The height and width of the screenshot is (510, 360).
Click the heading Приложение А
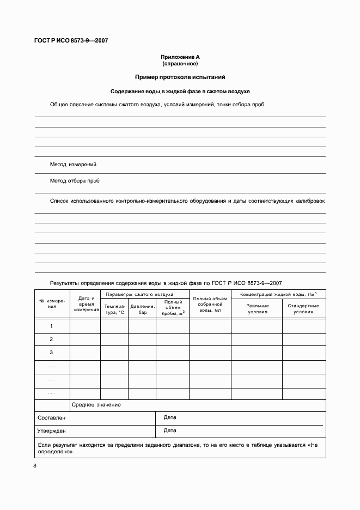180,57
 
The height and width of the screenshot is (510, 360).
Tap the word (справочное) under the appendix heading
180,64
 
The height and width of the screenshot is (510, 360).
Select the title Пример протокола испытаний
180,77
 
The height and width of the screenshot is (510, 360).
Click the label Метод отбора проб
75,180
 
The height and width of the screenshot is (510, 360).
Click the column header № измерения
52,303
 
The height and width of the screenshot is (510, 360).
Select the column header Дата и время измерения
85,303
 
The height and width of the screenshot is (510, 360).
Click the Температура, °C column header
114,309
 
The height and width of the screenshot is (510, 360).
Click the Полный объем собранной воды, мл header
210,303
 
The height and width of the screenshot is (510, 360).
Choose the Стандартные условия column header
303,309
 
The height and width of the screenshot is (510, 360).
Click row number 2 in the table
52,339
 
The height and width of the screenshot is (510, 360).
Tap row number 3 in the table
52,353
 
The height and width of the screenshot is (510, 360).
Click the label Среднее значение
96,405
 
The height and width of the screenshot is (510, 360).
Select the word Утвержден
52,430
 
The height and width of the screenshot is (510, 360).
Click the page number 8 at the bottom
35,466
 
